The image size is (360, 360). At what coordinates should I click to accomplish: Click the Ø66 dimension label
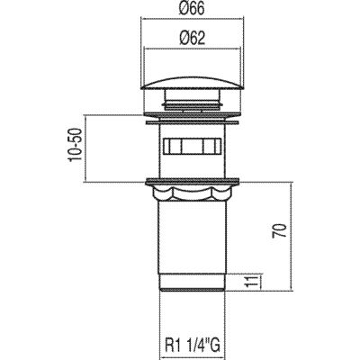(192, 9)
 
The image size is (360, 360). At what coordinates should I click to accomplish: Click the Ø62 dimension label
(193, 39)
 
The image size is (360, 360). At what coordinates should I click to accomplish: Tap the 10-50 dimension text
(75, 145)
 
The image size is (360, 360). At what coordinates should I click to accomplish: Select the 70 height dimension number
(279, 230)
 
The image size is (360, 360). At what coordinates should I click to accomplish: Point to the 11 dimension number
(251, 281)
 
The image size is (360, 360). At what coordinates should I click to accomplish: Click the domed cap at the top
(192, 82)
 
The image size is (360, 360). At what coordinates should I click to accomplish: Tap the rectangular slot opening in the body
(192, 146)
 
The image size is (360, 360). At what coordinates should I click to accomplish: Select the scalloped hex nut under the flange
(192, 193)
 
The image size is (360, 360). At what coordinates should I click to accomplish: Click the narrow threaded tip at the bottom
(192, 283)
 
